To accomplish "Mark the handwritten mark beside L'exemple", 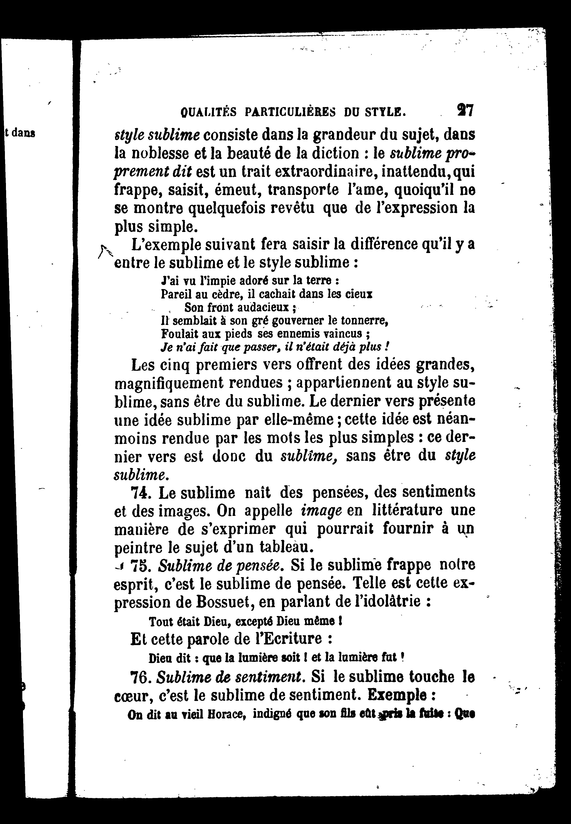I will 104,251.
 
